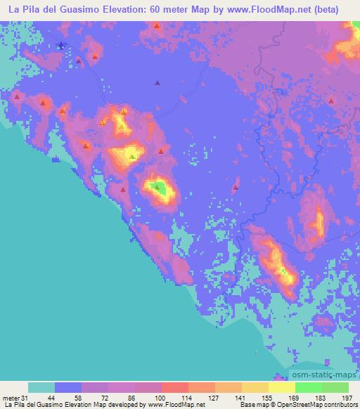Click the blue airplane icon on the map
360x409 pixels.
pyautogui.click(x=61, y=46)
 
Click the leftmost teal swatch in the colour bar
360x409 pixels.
pyautogui.click(x=42, y=387)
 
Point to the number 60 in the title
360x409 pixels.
pyautogui.click(x=167, y=9)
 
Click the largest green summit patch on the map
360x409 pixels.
pyautogui.click(x=160, y=188)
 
